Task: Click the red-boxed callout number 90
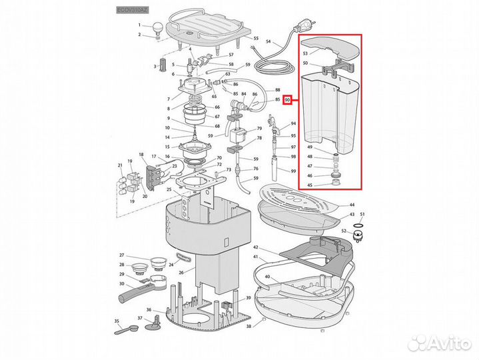(x=287, y=101)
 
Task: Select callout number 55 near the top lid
(x=255, y=39)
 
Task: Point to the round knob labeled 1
(x=158, y=26)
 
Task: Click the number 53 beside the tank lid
(x=305, y=53)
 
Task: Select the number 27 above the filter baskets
(x=122, y=255)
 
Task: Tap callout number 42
(x=256, y=247)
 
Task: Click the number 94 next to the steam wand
(x=292, y=124)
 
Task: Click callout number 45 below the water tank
(x=309, y=185)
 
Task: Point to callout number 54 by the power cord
(x=268, y=42)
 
